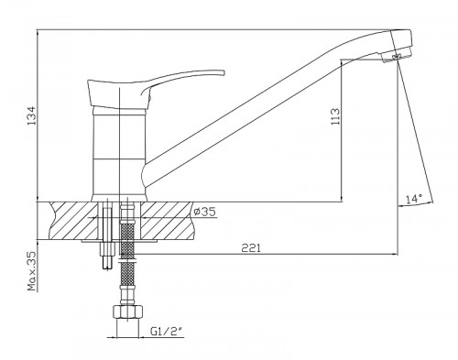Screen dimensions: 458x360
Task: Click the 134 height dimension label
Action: (32, 115)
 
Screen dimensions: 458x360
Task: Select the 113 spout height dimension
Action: (335, 116)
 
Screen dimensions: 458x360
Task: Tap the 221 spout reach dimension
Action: (251, 248)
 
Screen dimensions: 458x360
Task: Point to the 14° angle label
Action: (414, 199)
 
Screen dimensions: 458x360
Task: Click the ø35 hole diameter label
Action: (205, 212)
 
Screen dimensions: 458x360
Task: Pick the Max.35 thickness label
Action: (32, 271)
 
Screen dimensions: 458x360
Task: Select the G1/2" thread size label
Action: (167, 331)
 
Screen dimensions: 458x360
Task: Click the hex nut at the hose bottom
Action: (127, 311)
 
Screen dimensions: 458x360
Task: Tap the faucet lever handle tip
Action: (224, 72)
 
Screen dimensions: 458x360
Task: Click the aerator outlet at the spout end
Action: (397, 57)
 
